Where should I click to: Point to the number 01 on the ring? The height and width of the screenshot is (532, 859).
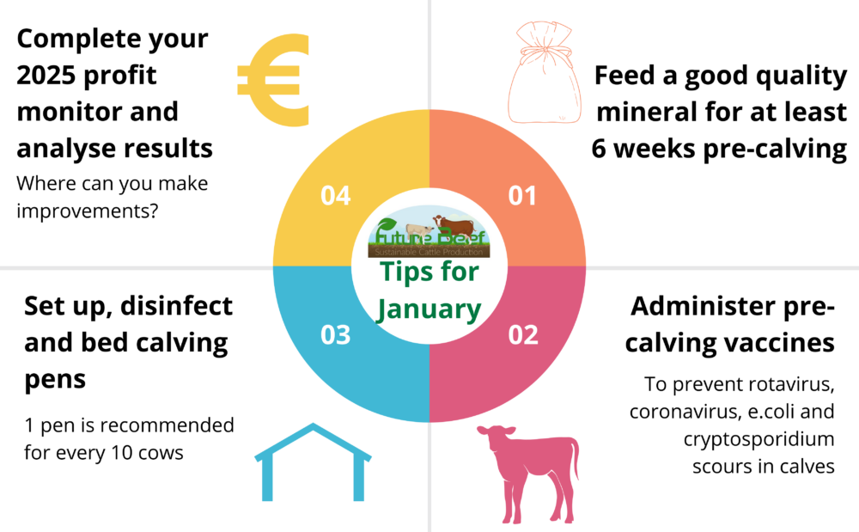click(x=521, y=196)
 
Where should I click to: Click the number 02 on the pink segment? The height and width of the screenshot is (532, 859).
click(x=521, y=334)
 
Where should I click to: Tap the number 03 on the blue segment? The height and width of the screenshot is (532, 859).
click(x=335, y=334)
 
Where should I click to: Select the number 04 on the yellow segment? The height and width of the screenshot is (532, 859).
click(x=335, y=196)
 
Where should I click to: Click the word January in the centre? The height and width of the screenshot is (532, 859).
click(x=429, y=308)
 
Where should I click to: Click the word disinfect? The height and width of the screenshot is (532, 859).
click(x=177, y=306)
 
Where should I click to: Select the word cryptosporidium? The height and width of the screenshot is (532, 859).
click(x=759, y=440)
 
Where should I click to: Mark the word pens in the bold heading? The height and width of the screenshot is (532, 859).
click(x=55, y=379)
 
